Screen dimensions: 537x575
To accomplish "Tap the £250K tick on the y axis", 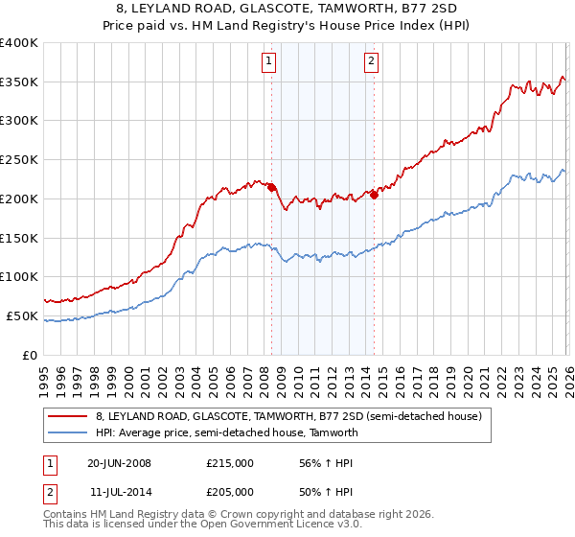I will (x=19, y=160).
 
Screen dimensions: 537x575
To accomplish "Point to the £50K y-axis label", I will (x=22, y=315).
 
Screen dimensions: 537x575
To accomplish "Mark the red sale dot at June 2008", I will (x=271, y=187).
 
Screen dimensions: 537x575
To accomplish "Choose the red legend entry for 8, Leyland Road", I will (x=293, y=416).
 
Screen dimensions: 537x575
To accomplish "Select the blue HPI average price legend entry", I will (x=226, y=432).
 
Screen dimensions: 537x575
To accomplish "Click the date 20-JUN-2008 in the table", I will (x=119, y=463).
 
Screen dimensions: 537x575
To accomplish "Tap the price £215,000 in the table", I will (x=230, y=463).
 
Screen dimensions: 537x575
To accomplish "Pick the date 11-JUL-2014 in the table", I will (x=119, y=492).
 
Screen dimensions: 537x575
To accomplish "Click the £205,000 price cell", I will (x=230, y=492).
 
